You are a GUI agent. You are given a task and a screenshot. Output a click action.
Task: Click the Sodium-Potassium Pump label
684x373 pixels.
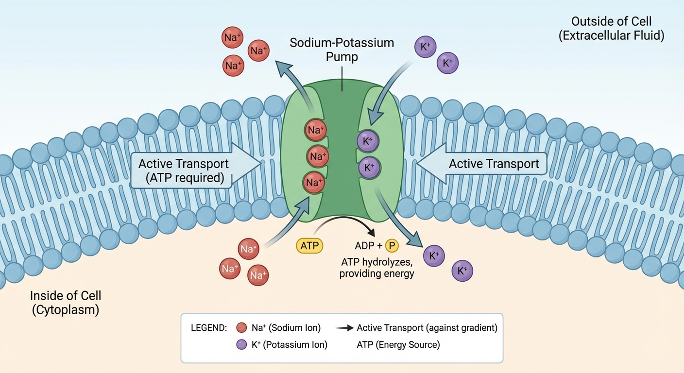[x=342, y=50]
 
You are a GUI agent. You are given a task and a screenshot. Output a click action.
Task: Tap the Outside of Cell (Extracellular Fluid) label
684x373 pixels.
[x=611, y=29]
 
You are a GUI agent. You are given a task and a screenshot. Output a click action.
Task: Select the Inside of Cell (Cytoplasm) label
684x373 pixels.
[x=66, y=303]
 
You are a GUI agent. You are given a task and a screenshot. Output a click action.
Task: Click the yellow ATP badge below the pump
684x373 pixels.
[x=309, y=246]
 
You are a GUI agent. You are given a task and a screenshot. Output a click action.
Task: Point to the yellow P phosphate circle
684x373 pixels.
[x=392, y=246]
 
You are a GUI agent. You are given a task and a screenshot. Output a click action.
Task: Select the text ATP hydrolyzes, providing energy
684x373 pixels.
[x=376, y=268]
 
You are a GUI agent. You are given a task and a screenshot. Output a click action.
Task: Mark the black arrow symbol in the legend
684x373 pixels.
[x=345, y=328]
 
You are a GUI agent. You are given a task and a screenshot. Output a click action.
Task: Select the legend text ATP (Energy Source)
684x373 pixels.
[x=398, y=345]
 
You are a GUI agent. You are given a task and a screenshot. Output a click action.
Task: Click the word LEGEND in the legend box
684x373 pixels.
[x=209, y=328]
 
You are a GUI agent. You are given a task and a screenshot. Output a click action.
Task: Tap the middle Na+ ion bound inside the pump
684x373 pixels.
[x=317, y=157]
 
